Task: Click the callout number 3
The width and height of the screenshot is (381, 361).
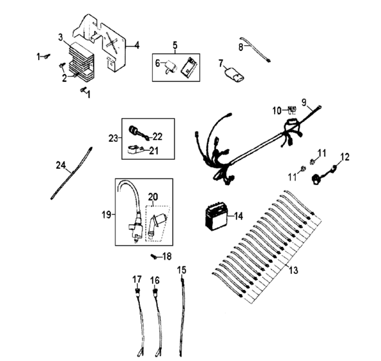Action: [60, 37]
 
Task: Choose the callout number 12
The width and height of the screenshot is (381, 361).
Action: [345, 156]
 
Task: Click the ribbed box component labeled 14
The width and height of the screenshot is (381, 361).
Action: [218, 216]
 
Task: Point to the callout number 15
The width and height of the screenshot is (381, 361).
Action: [182, 268]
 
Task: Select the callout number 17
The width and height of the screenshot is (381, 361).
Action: [136, 279]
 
